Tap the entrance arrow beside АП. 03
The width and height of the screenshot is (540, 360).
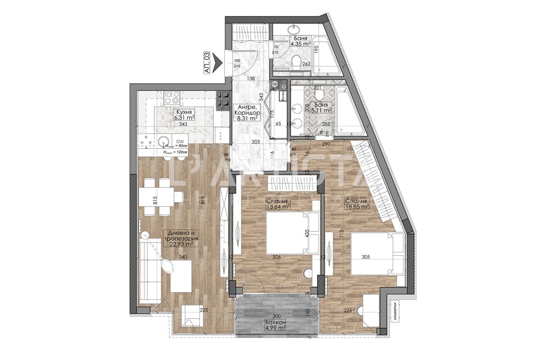click(218, 59)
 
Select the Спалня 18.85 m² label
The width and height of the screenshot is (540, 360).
click(357, 203)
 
